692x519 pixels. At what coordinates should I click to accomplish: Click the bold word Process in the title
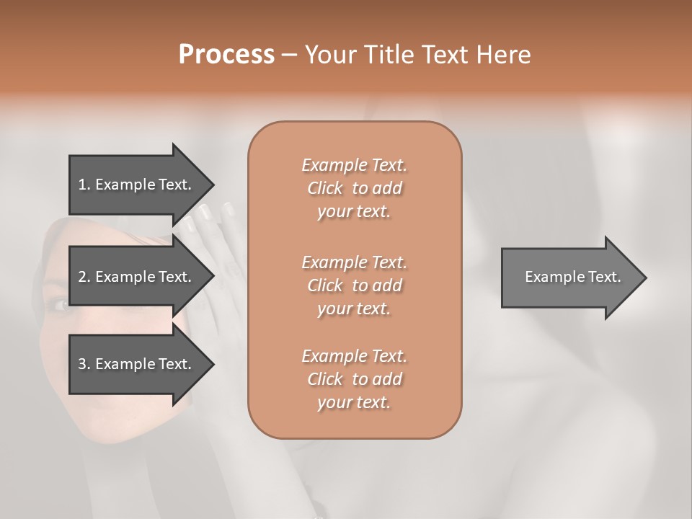pyautogui.click(x=226, y=55)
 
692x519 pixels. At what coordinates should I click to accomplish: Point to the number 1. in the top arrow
pyautogui.click(x=84, y=185)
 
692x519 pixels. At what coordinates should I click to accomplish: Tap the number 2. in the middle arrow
pyautogui.click(x=84, y=277)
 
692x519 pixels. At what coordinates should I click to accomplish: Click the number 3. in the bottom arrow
pyautogui.click(x=84, y=364)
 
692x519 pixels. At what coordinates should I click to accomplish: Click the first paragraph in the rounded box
pyautogui.click(x=355, y=188)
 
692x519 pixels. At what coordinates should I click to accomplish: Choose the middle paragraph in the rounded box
pyautogui.click(x=355, y=285)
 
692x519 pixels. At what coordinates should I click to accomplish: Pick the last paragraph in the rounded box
pyautogui.click(x=355, y=379)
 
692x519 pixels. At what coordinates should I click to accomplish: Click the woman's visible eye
pyautogui.click(x=61, y=304)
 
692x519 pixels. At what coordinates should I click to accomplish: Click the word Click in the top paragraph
pyautogui.click(x=325, y=188)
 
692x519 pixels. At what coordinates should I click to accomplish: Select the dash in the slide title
pyautogui.click(x=289, y=55)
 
